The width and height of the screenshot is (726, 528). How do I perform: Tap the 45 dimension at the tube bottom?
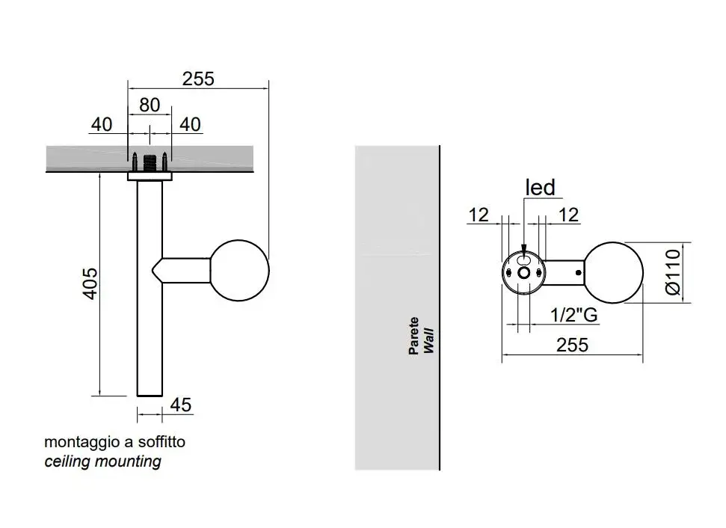[181, 405]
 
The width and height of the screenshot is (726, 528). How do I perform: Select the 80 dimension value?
[150, 105]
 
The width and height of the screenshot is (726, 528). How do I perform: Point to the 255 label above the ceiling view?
[198, 78]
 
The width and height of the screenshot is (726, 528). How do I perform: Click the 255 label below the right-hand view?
[572, 345]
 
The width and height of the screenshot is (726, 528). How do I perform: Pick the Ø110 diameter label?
[672, 272]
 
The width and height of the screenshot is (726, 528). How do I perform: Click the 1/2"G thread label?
[573, 315]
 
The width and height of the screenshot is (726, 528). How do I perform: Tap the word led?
[541, 187]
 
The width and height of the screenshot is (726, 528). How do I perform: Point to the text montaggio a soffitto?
[114, 442]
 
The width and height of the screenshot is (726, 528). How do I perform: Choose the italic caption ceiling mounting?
[102, 461]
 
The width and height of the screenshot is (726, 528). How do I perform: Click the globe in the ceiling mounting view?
[239, 271]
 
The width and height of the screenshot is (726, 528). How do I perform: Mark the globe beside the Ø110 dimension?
[613, 273]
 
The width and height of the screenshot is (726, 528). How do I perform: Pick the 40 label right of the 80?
[191, 124]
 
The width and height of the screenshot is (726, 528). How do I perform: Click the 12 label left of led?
[479, 215]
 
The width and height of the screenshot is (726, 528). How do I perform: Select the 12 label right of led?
[568, 215]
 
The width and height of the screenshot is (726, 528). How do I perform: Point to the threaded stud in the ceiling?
[150, 162]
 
